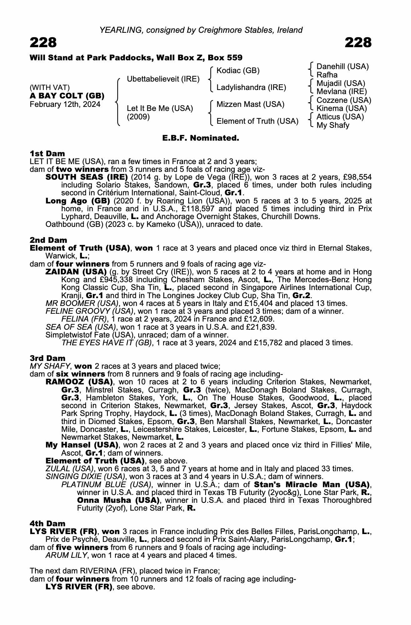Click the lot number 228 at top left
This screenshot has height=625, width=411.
coord(43,43)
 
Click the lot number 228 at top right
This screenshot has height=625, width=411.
coord(358,43)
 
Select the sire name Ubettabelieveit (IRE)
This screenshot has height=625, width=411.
coord(163,79)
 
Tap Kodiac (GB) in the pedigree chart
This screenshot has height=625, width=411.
coord(238,71)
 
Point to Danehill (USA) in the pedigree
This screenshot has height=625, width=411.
coord(343,67)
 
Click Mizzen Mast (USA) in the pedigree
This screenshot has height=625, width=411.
coord(250,104)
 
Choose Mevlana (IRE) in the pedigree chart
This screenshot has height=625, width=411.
coord(341,92)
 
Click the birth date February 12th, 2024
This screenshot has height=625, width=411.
coord(65,104)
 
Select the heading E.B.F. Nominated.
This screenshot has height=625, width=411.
coord(201,138)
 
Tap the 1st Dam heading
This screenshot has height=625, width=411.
coord(47,153)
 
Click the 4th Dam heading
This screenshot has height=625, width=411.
coord(48,523)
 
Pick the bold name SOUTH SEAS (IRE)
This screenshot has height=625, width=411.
coord(87,177)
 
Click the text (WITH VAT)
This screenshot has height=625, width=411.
coord(50,87)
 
